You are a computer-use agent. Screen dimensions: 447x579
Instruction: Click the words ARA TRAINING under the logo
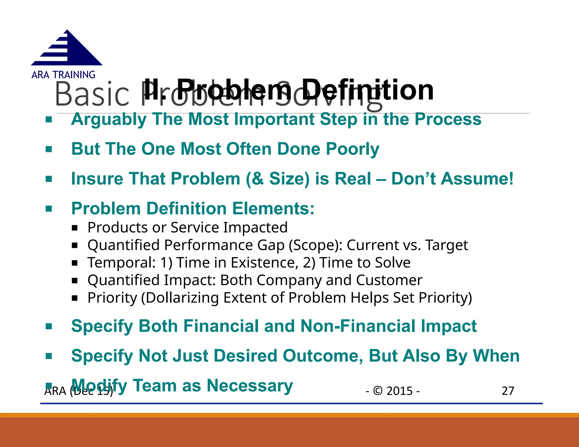click(x=63, y=75)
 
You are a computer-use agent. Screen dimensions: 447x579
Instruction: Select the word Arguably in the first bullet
click(x=109, y=119)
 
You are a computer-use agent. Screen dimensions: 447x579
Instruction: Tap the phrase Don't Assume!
click(x=452, y=179)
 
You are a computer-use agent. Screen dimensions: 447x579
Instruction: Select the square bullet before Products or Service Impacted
click(x=75, y=228)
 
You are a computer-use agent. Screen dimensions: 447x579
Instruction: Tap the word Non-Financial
click(x=358, y=326)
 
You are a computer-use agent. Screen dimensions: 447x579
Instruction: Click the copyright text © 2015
click(x=393, y=391)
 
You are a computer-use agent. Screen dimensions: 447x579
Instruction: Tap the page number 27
click(x=508, y=391)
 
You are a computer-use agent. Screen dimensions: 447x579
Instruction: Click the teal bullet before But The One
click(x=49, y=149)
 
